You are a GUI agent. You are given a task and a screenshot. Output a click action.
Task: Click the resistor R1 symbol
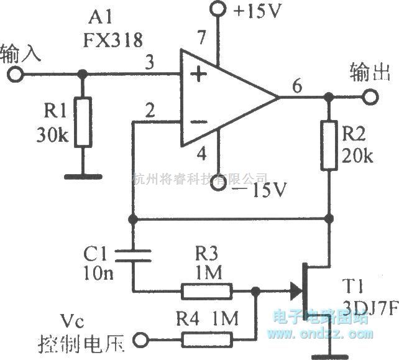pos(82,122)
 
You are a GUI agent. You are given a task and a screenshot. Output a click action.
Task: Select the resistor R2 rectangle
pos(329,147)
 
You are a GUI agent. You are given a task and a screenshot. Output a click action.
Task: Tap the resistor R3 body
pos(207,290)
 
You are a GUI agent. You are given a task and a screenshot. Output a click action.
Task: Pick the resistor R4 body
pos(207,339)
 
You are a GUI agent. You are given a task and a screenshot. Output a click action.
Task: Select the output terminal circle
pos(371,98)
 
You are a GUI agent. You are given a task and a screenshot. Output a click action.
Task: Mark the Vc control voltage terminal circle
pos(142,339)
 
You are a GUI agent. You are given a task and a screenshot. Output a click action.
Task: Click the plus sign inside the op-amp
pos(198,76)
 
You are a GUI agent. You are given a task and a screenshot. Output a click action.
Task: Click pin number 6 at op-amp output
pos(298,87)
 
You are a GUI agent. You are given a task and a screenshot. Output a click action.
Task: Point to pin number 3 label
pos(149,63)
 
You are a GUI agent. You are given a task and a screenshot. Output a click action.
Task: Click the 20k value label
pos(357,157)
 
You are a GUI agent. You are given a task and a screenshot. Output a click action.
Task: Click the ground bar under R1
pos(81,177)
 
